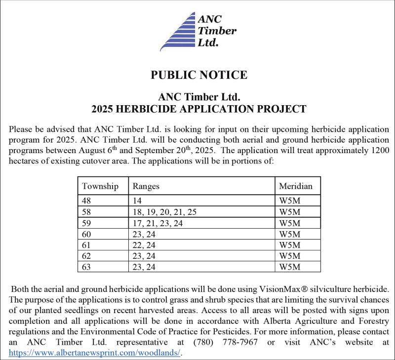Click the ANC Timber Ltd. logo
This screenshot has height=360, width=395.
coord(197,31)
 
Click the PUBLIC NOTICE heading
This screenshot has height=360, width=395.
coord(198,75)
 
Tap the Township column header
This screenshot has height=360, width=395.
coord(100,186)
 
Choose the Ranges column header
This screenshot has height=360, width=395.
coord(145,186)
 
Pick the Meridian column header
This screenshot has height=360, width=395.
coord(296,186)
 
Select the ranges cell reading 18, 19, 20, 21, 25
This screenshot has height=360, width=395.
coord(164,212)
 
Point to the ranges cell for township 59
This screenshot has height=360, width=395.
coord(158,223)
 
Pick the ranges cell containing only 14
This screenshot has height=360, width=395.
coord(137,201)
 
